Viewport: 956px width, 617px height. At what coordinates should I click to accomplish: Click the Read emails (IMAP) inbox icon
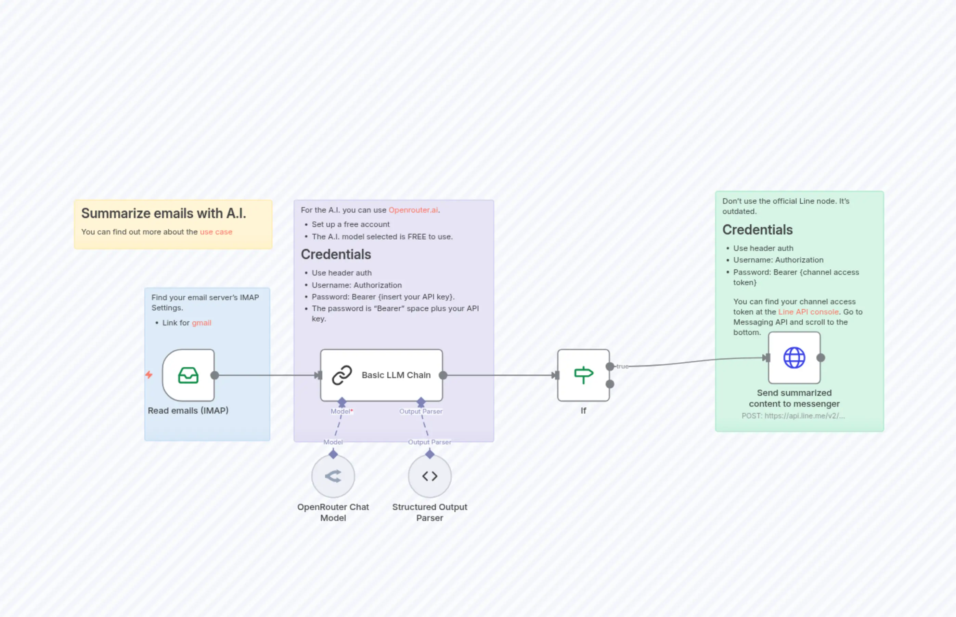coord(188,375)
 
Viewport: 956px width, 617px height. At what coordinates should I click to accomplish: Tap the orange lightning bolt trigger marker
coord(149,375)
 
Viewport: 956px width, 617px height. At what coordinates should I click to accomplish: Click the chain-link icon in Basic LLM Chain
coord(342,375)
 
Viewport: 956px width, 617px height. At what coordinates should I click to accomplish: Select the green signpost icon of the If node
coord(583,375)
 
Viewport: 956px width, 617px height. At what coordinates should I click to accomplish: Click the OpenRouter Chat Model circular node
coord(333,476)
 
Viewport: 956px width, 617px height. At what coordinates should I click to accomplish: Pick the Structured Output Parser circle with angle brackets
coord(429,476)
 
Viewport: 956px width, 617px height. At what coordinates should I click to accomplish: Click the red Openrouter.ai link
coord(413,210)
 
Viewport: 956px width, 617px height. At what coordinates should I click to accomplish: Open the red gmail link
coord(201,323)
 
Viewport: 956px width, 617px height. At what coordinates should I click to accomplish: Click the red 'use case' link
coord(216,232)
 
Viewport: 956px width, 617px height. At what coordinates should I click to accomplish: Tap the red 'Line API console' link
coord(808,312)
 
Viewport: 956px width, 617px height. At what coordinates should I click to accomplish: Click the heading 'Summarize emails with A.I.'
coord(164,214)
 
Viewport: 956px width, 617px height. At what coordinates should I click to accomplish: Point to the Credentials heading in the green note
coord(757,230)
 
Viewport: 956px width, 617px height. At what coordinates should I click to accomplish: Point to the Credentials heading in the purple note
coord(336,254)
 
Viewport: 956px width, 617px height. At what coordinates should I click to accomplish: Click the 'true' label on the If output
coord(622,366)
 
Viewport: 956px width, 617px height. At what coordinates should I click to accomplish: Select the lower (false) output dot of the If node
coord(610,384)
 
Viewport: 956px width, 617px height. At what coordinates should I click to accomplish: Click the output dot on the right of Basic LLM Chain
coord(443,375)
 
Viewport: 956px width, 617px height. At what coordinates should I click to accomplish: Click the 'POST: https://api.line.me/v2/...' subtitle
coord(793,416)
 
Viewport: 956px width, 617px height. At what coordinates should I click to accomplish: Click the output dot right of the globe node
coord(821,358)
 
